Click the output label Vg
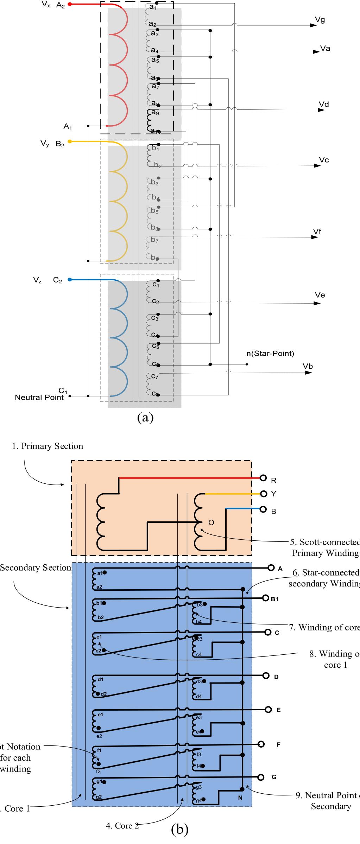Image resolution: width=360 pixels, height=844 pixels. point(320,20)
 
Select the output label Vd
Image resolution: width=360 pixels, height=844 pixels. point(324,104)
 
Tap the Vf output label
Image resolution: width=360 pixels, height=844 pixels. point(317,231)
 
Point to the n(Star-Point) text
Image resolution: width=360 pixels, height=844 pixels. point(270,353)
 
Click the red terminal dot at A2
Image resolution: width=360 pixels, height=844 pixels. point(70,4)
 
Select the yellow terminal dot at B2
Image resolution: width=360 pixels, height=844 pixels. point(70,141)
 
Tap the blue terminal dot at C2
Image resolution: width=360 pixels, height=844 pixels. point(70,280)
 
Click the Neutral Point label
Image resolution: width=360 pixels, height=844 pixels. point(39,398)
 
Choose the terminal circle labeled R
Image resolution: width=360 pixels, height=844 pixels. point(263,478)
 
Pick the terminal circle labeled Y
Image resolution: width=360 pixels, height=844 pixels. point(263,494)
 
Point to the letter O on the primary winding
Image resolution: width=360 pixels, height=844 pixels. point(211,522)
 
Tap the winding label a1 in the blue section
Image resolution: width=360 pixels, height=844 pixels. point(99,573)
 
